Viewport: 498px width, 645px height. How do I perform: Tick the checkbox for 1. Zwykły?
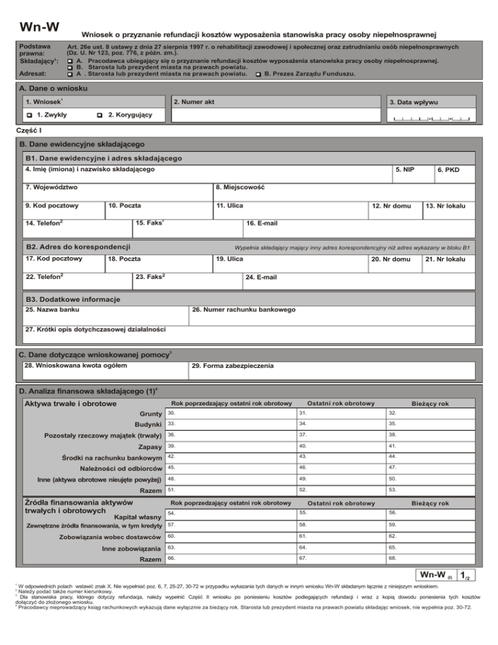(x=29, y=115)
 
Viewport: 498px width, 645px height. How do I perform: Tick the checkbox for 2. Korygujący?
(x=99, y=115)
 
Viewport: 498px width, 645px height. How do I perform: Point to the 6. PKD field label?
(x=448, y=170)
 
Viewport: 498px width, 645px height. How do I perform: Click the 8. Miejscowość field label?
(x=241, y=188)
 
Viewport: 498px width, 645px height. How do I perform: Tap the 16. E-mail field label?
(x=263, y=224)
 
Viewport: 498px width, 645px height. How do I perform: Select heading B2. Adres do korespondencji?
(x=78, y=247)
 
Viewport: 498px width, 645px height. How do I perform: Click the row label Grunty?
(x=150, y=414)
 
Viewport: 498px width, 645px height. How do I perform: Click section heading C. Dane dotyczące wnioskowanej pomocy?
(x=95, y=354)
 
